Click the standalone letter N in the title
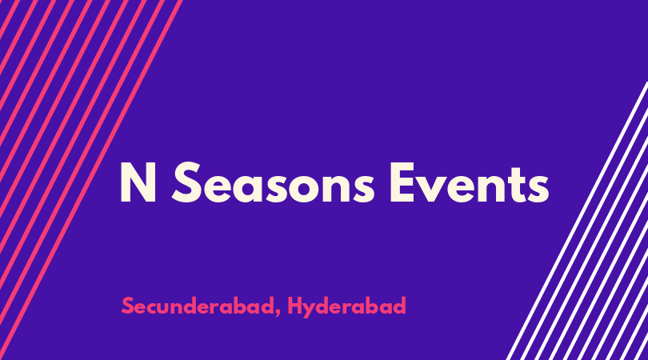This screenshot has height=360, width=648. click(x=138, y=182)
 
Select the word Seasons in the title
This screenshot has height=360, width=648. click(x=273, y=182)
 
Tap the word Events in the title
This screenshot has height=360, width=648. click(x=470, y=182)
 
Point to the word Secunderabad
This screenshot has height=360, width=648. click(x=198, y=306)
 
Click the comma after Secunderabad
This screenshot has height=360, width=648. click(x=279, y=312)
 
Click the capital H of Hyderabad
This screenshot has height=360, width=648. click(x=295, y=306)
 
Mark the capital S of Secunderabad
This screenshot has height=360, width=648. click(x=128, y=306)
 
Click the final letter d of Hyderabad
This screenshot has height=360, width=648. click(x=399, y=306)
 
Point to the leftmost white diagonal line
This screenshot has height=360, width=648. click(x=577, y=221)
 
